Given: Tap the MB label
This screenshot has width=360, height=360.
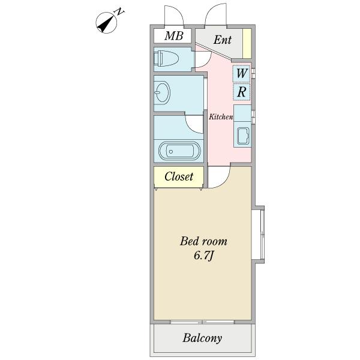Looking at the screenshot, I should (173, 36).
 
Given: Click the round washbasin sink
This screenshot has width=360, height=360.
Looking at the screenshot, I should (162, 92).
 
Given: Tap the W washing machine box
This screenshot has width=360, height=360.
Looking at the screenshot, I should (242, 73).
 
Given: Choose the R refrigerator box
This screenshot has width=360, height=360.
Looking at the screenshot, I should (242, 92).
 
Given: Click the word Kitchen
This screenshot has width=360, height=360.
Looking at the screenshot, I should (221, 117).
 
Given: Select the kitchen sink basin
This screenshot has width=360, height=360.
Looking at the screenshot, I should (244, 136).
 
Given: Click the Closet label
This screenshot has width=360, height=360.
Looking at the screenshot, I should (179, 176).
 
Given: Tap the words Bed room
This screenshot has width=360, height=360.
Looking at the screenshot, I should (204, 242).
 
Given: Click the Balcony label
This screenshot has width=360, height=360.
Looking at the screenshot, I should (202, 338).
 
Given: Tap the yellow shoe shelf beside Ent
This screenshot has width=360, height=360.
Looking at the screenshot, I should (247, 42).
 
